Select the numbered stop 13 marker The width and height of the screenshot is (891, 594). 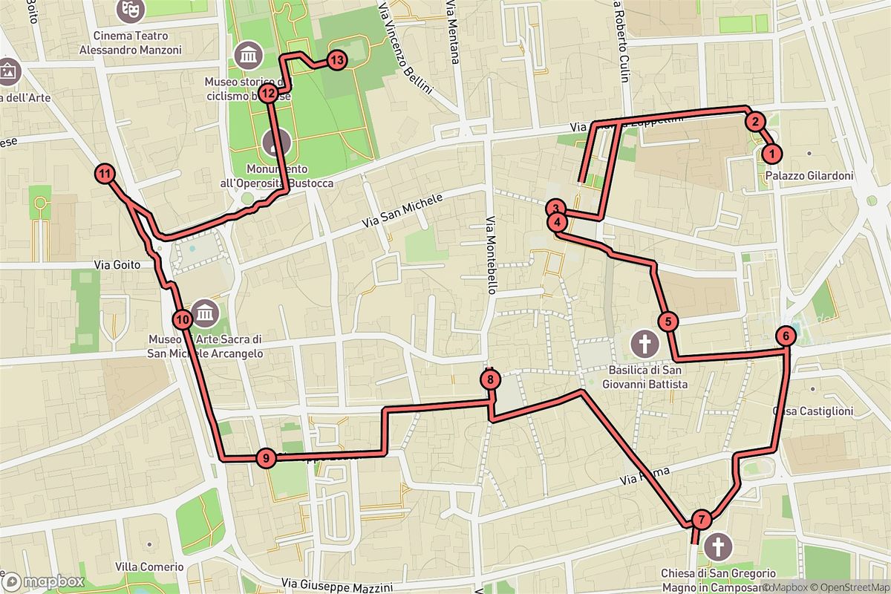pos(336,59)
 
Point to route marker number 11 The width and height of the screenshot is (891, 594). pos(106,174)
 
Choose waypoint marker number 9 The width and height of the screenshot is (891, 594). pos(265,457)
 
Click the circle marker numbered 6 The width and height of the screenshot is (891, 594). pos(785,336)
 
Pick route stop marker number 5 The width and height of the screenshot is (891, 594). pos(668,322)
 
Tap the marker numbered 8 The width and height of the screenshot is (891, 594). pos(491,380)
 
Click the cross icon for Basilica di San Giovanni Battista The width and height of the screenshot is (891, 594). pos(644,344)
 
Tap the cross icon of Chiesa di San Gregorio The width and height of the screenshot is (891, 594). pos(717,548)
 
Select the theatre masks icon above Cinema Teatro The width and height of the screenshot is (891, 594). pos(131,9)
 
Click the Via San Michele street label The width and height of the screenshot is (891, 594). pos(402,211)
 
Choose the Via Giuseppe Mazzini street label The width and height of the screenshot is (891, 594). pos(338,587)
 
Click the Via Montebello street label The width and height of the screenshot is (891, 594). pos(491,256)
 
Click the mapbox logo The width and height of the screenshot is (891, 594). pos(43,581)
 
